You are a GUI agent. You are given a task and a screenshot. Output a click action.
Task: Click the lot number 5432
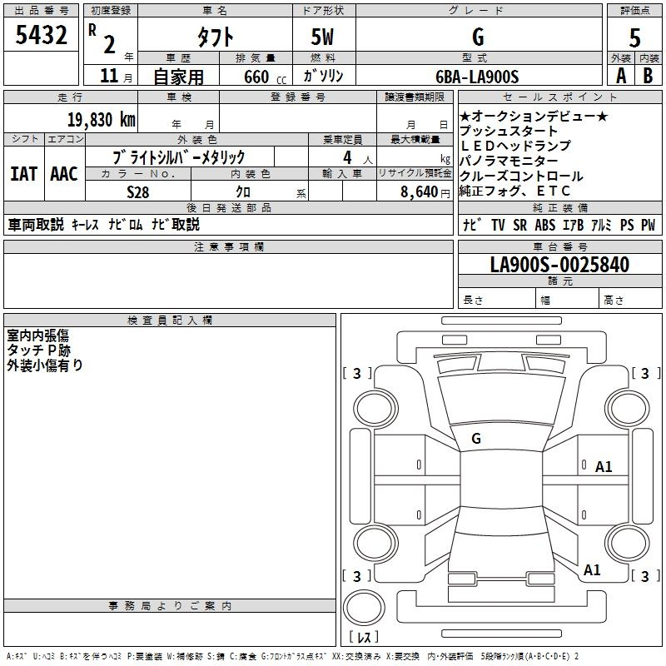pyautogui.click(x=41, y=35)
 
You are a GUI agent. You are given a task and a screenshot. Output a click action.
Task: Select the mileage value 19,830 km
pyautogui.click(x=102, y=120)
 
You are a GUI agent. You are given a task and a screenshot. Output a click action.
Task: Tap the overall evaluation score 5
pyautogui.click(x=634, y=37)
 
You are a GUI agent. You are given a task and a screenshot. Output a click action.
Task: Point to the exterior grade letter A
pyautogui.click(x=621, y=76)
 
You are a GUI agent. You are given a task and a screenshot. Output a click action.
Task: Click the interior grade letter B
pyautogui.click(x=648, y=76)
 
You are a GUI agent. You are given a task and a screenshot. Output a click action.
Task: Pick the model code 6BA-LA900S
pyautogui.click(x=477, y=77)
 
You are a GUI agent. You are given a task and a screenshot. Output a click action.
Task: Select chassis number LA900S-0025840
pyautogui.click(x=559, y=264)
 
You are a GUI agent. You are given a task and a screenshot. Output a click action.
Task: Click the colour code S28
pyautogui.click(x=138, y=192)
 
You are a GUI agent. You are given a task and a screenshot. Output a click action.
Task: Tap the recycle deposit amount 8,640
pyautogui.click(x=420, y=192)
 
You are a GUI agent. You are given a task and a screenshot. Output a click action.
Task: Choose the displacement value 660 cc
pyautogui.click(x=265, y=77)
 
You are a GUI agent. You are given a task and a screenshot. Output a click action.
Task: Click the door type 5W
pyautogui.click(x=322, y=37)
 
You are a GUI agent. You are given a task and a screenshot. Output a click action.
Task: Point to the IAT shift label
pyautogui.click(x=24, y=174)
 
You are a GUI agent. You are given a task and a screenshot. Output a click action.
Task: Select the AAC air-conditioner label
pyautogui.click(x=64, y=174)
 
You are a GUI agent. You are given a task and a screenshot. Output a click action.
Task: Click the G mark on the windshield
pyautogui.click(x=476, y=439)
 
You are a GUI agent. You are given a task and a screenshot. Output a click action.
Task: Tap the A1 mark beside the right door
pyautogui.click(x=604, y=467)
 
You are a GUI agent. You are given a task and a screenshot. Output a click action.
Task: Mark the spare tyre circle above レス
pyautogui.click(x=364, y=608)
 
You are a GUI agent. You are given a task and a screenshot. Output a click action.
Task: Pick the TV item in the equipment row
pyautogui.click(x=498, y=225)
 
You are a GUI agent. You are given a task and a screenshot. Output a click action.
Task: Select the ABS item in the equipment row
pyautogui.click(x=545, y=225)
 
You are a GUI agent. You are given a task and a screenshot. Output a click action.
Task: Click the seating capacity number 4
pyautogui.click(x=347, y=157)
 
